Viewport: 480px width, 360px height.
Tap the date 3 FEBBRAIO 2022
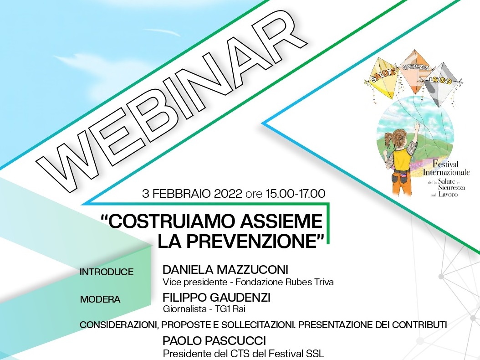192,194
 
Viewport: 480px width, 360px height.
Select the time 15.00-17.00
296,194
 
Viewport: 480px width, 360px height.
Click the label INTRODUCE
107,272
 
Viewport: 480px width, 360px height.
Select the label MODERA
100,299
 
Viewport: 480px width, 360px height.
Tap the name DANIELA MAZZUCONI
225,270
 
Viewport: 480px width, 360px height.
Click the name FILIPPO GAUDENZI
216,297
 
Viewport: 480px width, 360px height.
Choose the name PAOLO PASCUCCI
214,340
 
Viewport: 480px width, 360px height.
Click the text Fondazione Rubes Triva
284,282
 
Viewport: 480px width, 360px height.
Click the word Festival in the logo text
445,164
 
